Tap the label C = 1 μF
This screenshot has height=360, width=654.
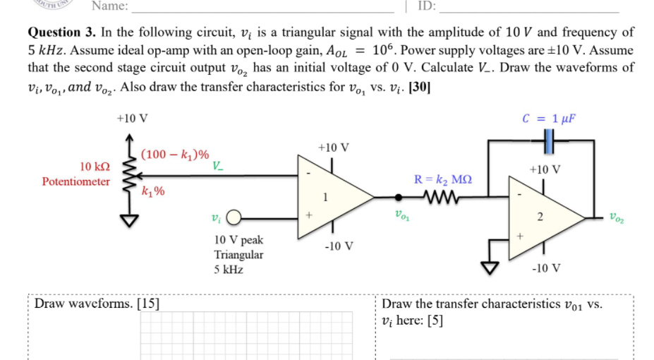click(550, 117)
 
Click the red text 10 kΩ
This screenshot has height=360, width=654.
click(95, 167)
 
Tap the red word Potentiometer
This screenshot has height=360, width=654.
click(76, 181)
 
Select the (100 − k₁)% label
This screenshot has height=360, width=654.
click(174, 154)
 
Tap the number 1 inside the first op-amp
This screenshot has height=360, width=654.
click(325, 197)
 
